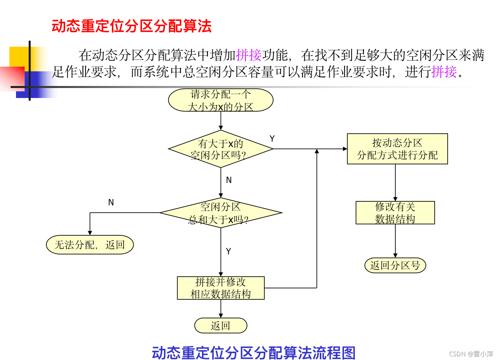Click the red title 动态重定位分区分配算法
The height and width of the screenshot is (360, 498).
[x=132, y=26]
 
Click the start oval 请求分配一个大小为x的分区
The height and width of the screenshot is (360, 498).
[x=221, y=100]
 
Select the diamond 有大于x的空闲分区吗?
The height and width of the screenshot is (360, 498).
[x=221, y=149]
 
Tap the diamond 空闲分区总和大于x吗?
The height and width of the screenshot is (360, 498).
[x=221, y=213]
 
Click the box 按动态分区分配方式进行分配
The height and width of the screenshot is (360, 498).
[x=397, y=149]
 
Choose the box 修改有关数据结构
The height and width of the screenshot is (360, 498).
[x=395, y=213]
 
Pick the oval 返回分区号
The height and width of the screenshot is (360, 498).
[x=395, y=265]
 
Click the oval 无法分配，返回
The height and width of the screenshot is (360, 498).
[x=90, y=245]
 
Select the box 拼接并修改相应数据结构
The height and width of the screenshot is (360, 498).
[x=221, y=288]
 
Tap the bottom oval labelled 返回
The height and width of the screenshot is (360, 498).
[x=221, y=325]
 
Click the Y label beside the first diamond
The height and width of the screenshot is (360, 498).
[x=272, y=139]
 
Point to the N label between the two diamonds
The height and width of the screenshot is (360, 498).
[x=229, y=180]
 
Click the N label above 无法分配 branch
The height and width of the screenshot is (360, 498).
[x=111, y=202]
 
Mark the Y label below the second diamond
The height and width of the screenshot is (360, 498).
[x=228, y=251]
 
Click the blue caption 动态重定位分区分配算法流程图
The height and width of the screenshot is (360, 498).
[x=254, y=353]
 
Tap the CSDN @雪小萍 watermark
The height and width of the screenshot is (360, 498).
[x=471, y=354]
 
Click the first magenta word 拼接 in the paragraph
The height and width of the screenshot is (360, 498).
[x=249, y=55]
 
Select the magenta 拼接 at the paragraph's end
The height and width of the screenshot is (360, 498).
[x=444, y=72]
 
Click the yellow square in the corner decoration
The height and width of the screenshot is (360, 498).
[x=19, y=57]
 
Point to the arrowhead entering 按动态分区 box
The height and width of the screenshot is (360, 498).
[x=345, y=149]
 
